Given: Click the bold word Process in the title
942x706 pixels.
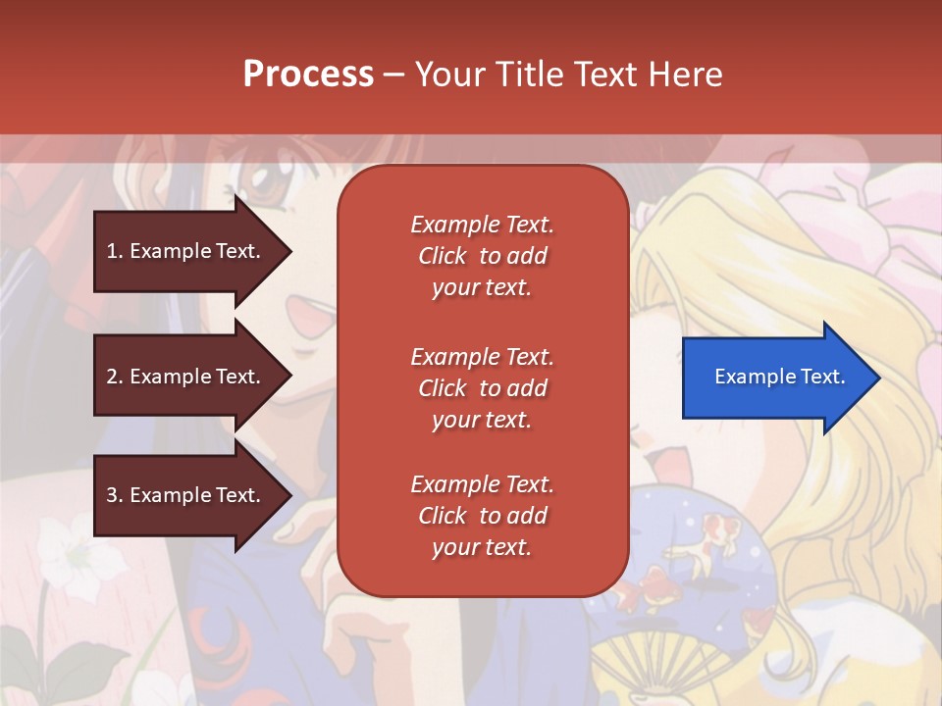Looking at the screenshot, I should coord(308,75).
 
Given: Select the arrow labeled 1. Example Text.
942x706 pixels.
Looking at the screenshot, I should coord(186,251).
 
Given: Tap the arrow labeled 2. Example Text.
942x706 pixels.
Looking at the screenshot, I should coord(186,377).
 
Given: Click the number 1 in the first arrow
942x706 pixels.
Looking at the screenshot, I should coord(112,251).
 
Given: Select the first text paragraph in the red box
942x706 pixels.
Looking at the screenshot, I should coord(482,256).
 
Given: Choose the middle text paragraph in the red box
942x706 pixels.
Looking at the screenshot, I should coord(482,388).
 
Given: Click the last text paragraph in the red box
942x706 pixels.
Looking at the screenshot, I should coord(482,516).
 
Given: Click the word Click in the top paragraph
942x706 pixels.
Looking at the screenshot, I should coord(442,256).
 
